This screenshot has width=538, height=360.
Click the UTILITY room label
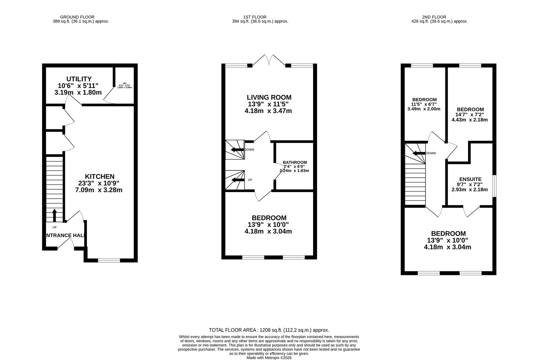[79, 79]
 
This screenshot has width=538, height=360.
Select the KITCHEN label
[99, 177]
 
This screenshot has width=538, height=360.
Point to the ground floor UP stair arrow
[54, 215]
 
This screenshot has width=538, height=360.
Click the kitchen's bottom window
[109, 260]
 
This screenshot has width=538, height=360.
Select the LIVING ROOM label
[269, 97]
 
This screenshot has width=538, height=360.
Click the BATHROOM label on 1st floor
[295, 162]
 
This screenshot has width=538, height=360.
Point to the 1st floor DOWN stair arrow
[237, 150]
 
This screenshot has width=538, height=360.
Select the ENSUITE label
[470, 179]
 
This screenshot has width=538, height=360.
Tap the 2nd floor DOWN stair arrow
[418, 153]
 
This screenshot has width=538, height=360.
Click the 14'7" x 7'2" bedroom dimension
[470, 114]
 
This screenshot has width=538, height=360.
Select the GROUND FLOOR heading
[77, 17]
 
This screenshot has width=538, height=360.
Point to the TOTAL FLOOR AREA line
[269, 330]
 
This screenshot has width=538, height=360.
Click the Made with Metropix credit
[269, 358]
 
